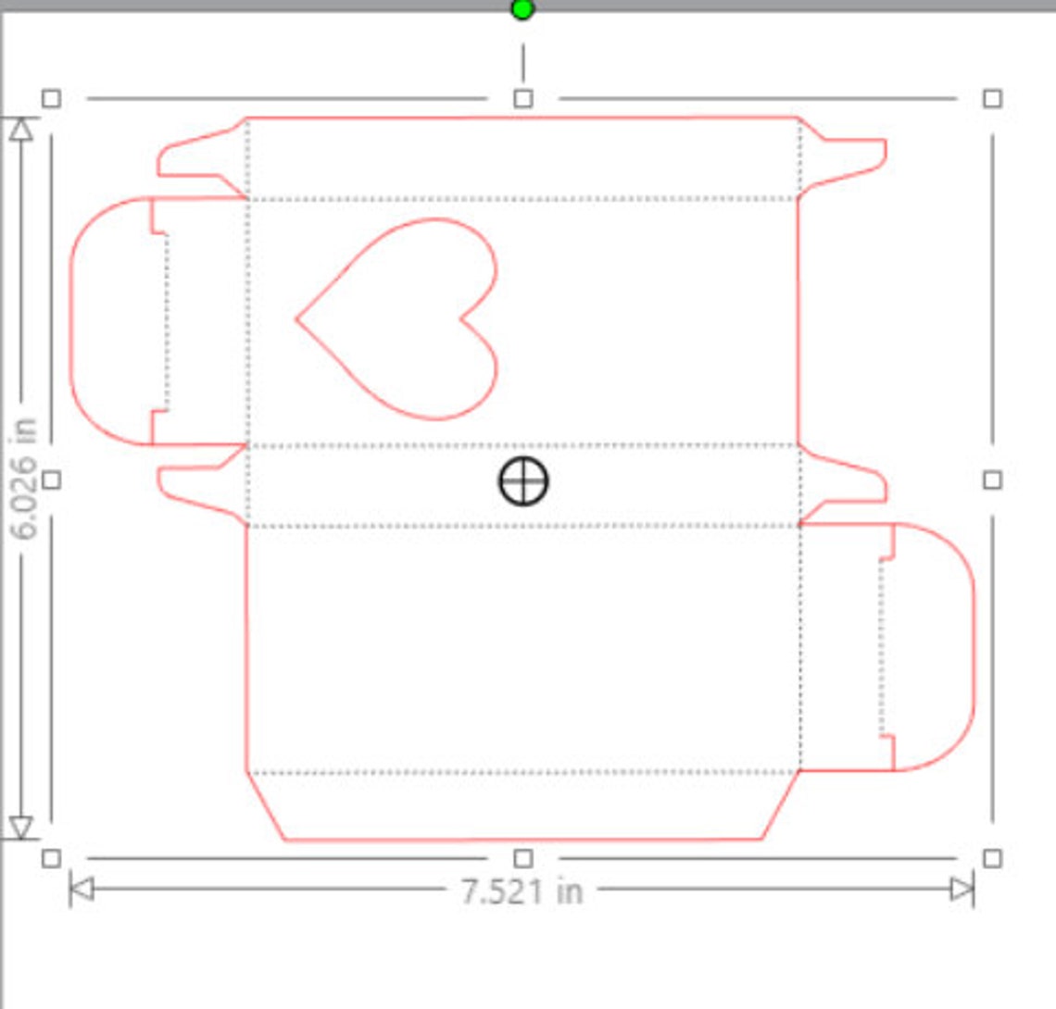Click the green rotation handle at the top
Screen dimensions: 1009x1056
(x=522, y=10)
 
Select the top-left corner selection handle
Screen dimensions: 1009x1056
(x=51, y=98)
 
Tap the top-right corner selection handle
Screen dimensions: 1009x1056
(x=992, y=98)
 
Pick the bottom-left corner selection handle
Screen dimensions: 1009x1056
(x=51, y=858)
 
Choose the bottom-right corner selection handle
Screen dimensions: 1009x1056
(x=992, y=858)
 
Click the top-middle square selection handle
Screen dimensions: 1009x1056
(x=522, y=98)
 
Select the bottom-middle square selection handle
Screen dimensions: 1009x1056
(x=522, y=858)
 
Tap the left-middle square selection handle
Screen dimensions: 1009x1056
(x=51, y=480)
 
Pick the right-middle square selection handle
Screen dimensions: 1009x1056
(x=992, y=480)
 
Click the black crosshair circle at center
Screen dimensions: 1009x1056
(x=523, y=481)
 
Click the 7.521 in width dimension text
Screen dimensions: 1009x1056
(x=522, y=891)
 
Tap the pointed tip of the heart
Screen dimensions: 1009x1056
(x=298, y=319)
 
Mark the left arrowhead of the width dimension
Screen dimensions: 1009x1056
(x=82, y=890)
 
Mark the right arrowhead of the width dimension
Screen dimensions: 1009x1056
(x=962, y=890)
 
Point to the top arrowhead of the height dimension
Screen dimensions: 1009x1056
(x=20, y=129)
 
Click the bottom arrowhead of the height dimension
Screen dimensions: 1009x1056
(x=20, y=828)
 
